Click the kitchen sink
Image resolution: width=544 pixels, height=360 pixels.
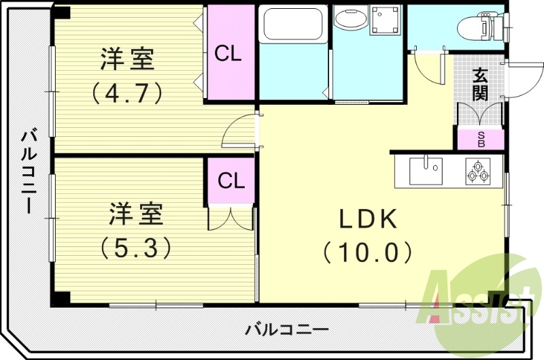[x=426, y=170]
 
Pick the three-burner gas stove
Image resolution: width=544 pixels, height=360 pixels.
[x=477, y=170]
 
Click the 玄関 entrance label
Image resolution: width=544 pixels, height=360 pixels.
[x=480, y=84]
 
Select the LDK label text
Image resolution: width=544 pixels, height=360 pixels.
[x=368, y=218]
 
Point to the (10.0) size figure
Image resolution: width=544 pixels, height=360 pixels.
[x=368, y=252]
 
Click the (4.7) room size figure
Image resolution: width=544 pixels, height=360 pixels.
[x=129, y=92]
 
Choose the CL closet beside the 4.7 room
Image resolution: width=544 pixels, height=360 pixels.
[x=228, y=54]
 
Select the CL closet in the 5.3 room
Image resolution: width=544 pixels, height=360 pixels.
[x=231, y=181]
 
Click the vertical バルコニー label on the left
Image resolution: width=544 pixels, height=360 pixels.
[x=29, y=170]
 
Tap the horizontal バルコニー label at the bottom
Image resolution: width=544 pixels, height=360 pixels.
[x=286, y=330]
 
